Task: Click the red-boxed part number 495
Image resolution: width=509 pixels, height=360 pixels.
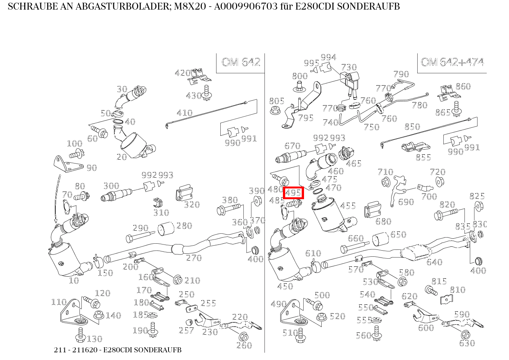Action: [293, 193]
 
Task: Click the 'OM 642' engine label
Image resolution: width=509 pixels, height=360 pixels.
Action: [241, 62]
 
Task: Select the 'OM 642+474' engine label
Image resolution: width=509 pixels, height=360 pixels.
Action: [452, 62]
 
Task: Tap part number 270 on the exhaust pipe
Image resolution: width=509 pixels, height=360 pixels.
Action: [193, 258]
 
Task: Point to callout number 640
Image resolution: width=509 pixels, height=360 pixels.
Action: [434, 262]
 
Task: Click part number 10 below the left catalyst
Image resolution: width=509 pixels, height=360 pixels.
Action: [73, 281]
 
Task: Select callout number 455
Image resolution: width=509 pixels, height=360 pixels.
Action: [348, 206]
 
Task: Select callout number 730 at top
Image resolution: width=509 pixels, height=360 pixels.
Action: [349, 68]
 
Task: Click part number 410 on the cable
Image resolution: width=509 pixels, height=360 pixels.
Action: [184, 113]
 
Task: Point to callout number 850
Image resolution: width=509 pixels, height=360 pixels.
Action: [412, 127]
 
